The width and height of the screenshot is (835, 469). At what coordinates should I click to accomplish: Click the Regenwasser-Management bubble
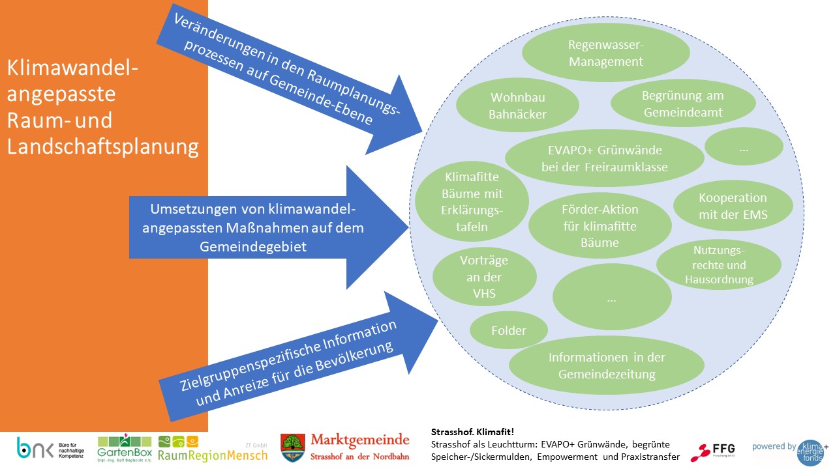[x=606, y=53]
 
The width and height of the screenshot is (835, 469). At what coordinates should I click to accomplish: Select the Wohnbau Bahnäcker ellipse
[x=518, y=106]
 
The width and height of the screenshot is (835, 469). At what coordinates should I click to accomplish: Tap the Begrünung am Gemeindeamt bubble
[x=683, y=104]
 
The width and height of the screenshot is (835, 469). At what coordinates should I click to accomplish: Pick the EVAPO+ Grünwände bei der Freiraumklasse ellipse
[x=604, y=158]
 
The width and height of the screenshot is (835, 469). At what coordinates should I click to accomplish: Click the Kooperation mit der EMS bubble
[x=733, y=206]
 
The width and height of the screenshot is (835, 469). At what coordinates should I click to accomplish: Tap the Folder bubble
[x=508, y=330]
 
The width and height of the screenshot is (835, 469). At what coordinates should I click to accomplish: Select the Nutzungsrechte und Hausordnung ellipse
[x=719, y=264]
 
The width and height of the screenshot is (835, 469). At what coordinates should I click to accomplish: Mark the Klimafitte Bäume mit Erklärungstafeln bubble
[x=464, y=202]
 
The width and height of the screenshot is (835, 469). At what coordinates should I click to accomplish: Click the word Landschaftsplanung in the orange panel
[x=103, y=147]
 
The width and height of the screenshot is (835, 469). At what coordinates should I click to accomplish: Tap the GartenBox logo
[x=124, y=448]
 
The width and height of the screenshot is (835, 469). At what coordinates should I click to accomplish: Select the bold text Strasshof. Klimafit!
[x=473, y=432]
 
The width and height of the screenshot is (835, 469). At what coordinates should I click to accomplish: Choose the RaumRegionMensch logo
[x=213, y=449]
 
